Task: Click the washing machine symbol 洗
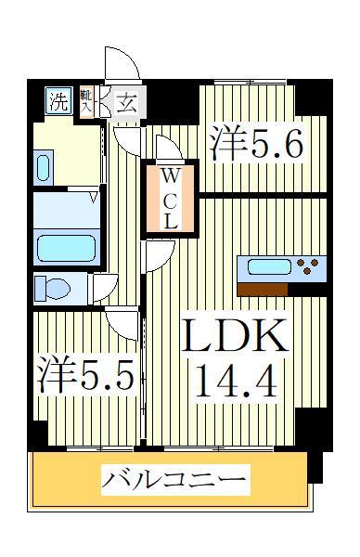tap(58, 101)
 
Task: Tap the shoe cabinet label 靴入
tap(86, 100)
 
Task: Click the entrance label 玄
tap(126, 103)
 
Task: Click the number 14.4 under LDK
tap(234, 380)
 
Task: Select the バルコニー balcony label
tap(174, 481)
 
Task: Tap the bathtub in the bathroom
tap(65, 248)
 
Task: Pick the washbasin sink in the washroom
tap(44, 167)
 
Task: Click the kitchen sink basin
tap(269, 267)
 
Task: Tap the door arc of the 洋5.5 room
tap(122, 325)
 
